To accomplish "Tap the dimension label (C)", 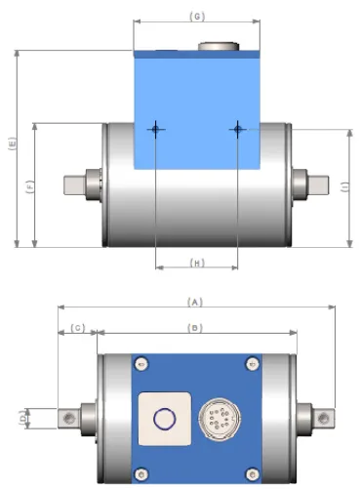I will tap(78, 328).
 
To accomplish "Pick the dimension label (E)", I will tap(11, 145).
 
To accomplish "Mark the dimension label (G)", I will tap(197, 17).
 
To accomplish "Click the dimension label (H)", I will tap(196, 263).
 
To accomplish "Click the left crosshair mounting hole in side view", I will tap(156, 129).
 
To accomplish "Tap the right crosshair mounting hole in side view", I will tap(237, 129).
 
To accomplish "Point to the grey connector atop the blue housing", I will tap(214, 45).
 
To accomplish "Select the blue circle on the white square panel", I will tap(163, 420).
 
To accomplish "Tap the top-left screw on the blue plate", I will tap(142, 364).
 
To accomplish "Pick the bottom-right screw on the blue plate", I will tap(251, 474).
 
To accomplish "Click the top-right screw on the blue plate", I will tap(251, 364).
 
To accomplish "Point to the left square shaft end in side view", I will tap(73, 184).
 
